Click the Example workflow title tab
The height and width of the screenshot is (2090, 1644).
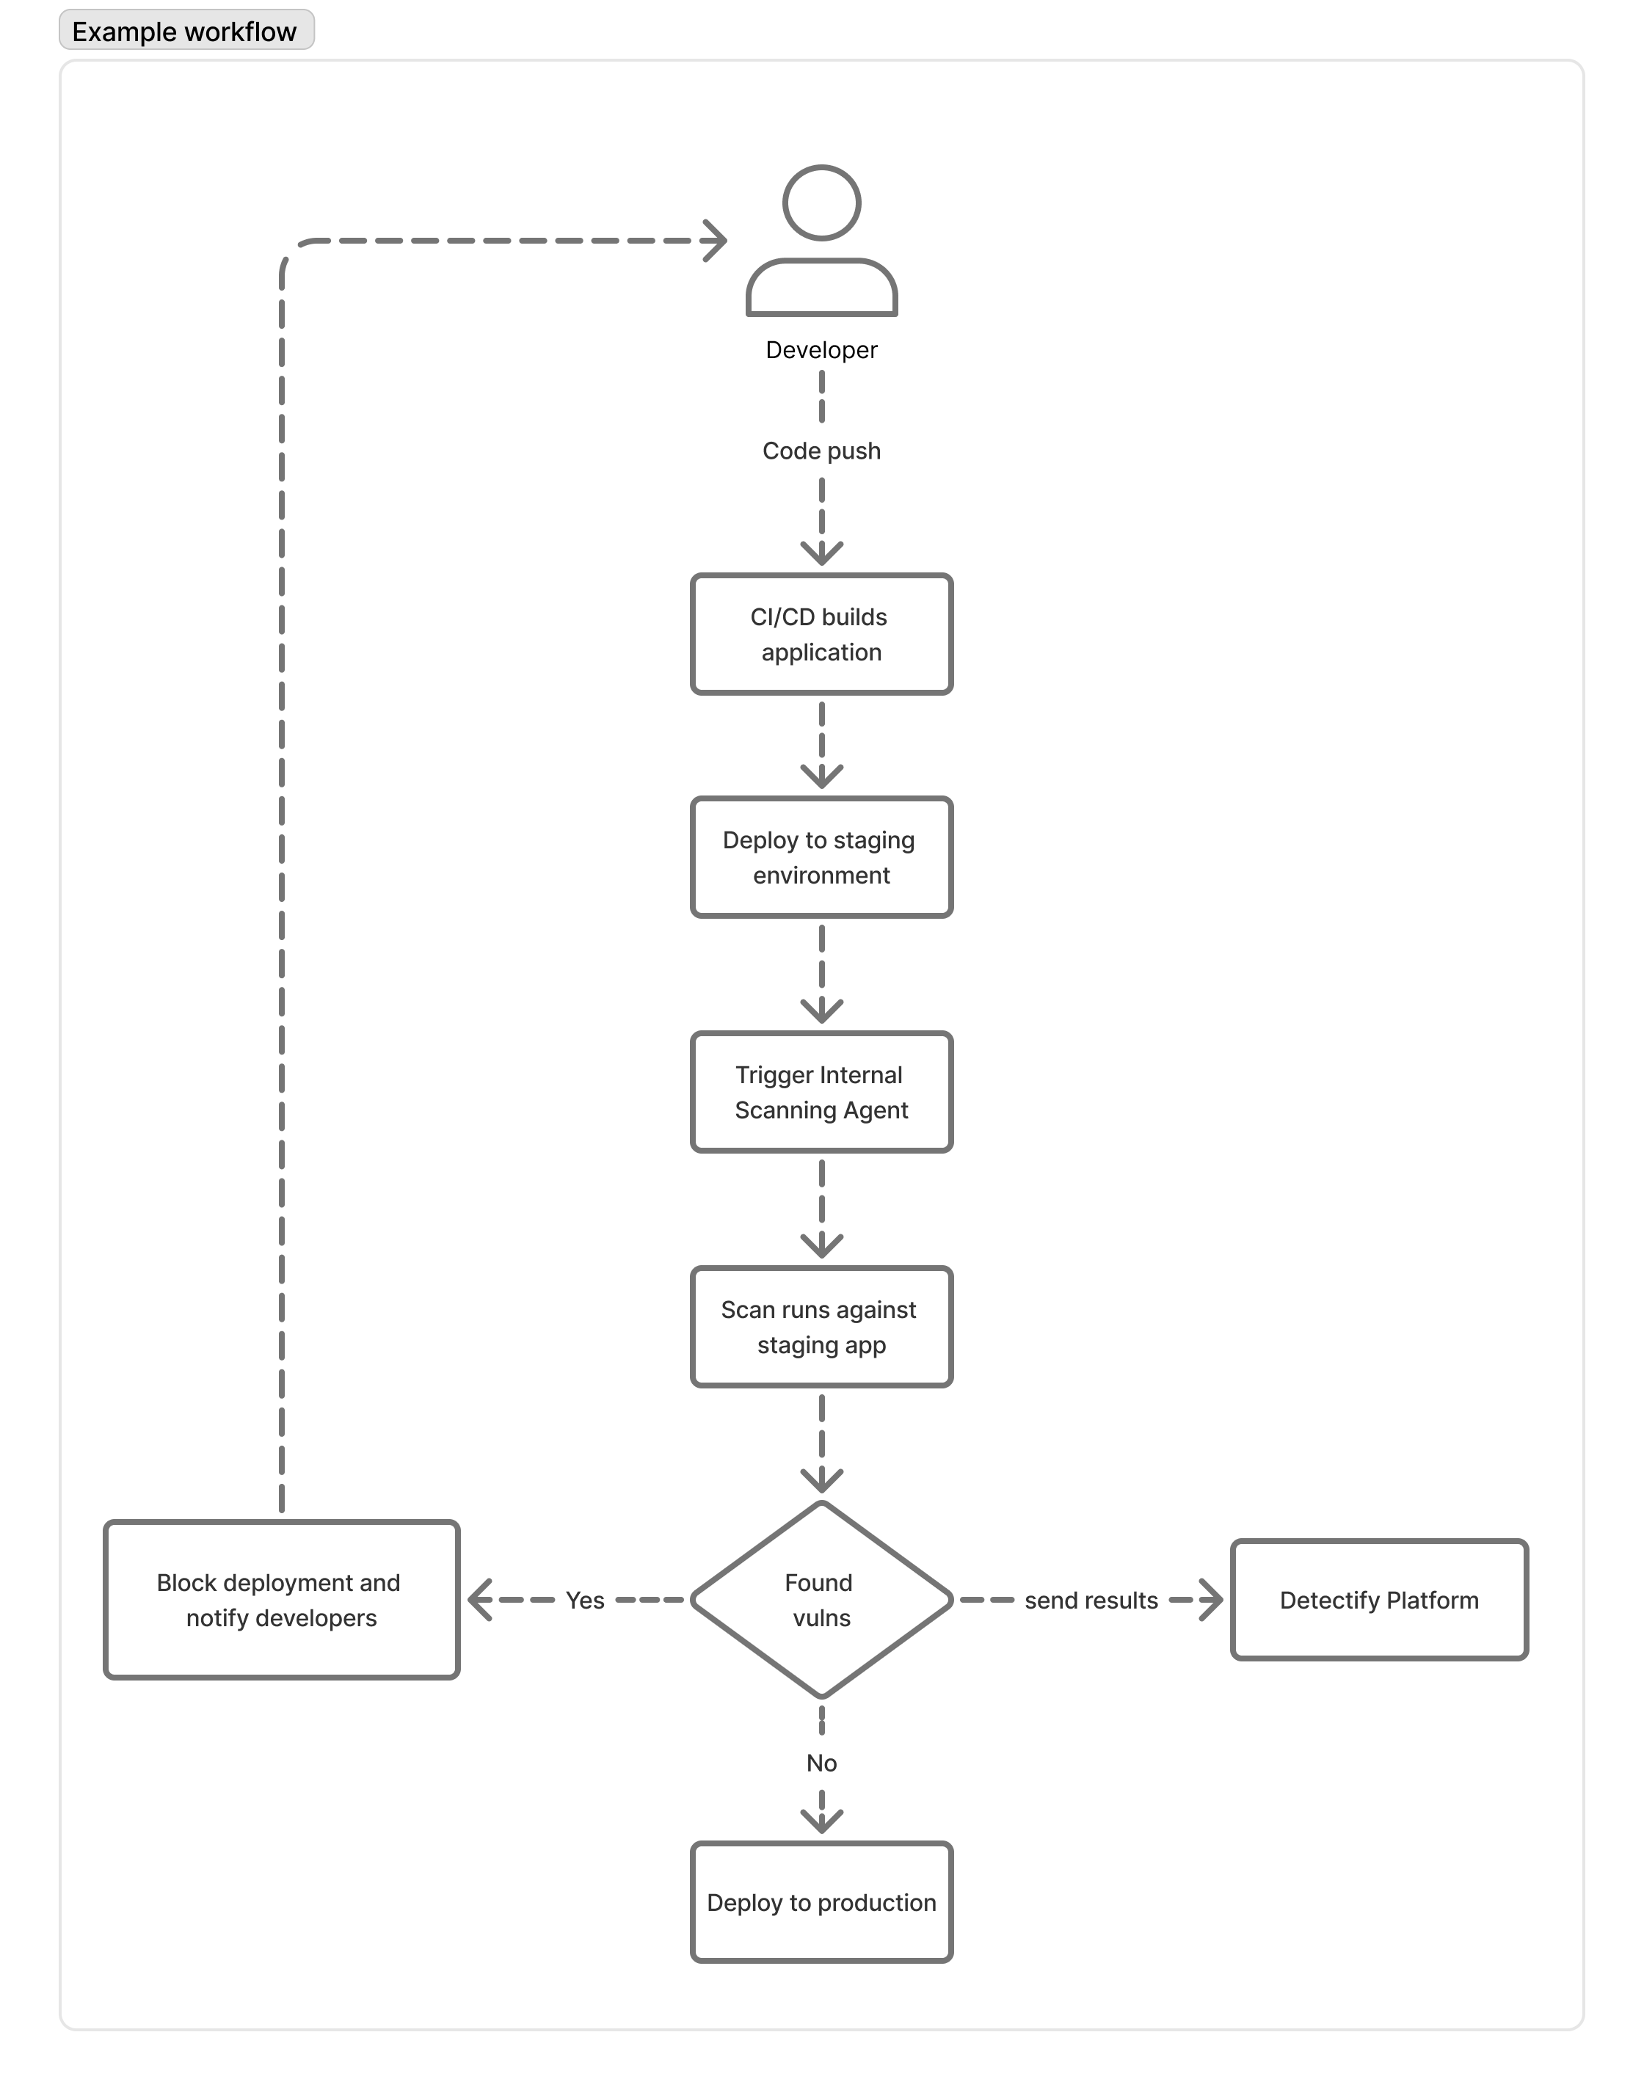[186, 31]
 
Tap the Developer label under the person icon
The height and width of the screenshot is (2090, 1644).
[821, 350]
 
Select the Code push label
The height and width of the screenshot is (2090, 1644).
[821, 451]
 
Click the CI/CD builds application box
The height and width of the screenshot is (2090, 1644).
[821, 634]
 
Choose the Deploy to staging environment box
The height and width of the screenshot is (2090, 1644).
[821, 857]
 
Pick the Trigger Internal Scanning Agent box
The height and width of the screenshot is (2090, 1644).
[821, 1092]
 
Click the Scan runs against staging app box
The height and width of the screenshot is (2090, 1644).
[821, 1327]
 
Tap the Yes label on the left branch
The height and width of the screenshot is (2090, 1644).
[585, 1601]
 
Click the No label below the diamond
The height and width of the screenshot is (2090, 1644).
[821, 1763]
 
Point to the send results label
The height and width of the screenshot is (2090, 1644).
[1091, 1601]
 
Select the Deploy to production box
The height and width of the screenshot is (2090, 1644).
[821, 1902]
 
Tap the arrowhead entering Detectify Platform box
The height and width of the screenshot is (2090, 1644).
[1212, 1601]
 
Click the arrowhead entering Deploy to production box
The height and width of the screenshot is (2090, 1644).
[821, 1821]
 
